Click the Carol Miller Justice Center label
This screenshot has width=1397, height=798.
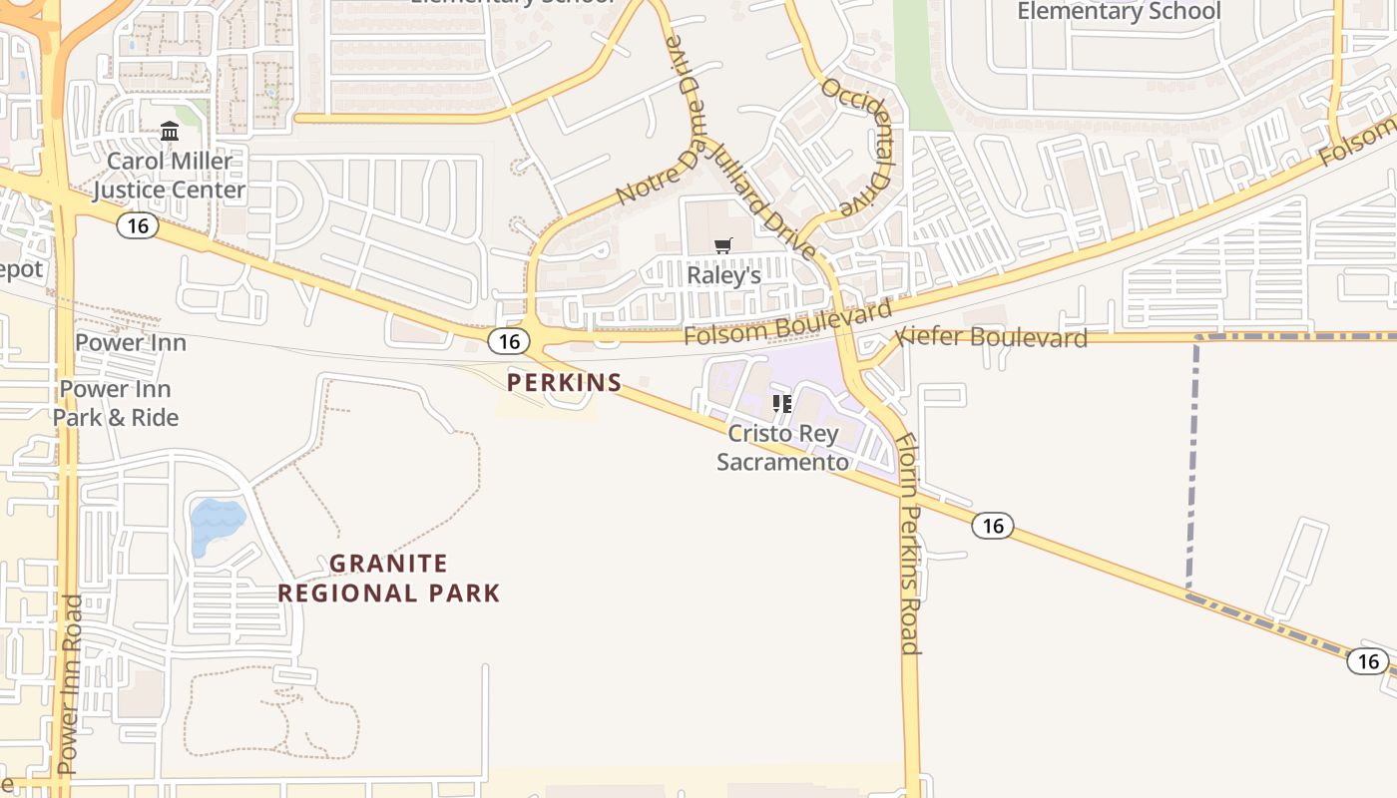(169, 176)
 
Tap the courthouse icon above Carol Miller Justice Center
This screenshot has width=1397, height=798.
(170, 132)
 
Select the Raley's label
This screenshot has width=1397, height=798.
(723, 275)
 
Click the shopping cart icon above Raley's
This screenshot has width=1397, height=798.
(723, 245)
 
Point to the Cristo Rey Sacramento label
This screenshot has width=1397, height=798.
(783, 448)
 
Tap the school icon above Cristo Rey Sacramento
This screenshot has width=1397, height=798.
(782, 404)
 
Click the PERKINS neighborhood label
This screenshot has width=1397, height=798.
(564, 382)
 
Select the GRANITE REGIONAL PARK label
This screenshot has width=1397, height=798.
(389, 579)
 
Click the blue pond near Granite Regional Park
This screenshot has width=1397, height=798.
(216, 524)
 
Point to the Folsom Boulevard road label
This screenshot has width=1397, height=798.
(788, 322)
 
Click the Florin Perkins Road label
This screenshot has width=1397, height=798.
(907, 544)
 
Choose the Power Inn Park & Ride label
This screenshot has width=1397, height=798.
(116, 403)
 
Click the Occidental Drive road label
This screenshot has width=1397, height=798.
(855, 148)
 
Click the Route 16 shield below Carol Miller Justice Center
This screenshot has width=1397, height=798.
(138, 225)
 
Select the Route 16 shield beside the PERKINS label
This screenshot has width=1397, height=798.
(509, 342)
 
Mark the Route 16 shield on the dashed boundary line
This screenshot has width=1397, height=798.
(1367, 660)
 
